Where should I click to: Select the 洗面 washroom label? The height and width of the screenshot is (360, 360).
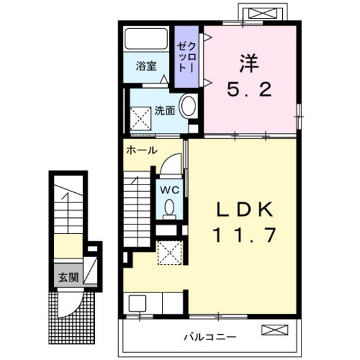point(164,110)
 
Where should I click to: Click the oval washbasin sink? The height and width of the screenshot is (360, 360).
point(189,106)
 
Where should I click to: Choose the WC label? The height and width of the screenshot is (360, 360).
point(168,190)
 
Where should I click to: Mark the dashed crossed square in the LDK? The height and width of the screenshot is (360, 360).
point(169,252)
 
